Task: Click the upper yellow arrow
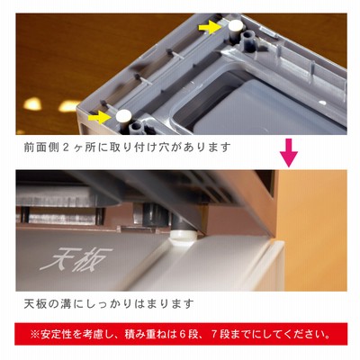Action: click(x=210, y=28)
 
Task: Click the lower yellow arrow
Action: click(x=100, y=116)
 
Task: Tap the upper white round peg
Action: click(x=236, y=25)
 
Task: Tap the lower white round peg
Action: click(x=123, y=115)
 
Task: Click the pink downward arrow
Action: click(x=289, y=153)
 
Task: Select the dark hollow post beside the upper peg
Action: click(x=247, y=39)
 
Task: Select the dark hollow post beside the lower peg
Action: click(x=137, y=128)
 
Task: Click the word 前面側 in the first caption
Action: click(x=40, y=148)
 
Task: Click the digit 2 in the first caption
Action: click(x=67, y=148)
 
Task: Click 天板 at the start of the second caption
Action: click(x=34, y=304)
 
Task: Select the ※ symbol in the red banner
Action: click(x=35, y=334)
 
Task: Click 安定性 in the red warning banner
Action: click(x=57, y=334)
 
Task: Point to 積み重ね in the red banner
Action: click(x=146, y=334)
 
